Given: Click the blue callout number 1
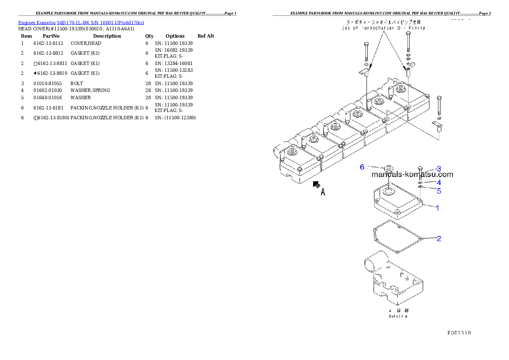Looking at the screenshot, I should pyautogui.click(x=438, y=208).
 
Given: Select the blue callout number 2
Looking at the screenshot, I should pyautogui.click(x=438, y=239).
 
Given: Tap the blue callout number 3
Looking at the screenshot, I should pyautogui.click(x=438, y=169).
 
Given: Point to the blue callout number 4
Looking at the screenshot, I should pyautogui.click(x=438, y=183).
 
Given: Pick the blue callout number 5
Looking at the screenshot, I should pyautogui.click(x=438, y=191).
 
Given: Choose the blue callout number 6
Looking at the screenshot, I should pyautogui.click(x=362, y=167).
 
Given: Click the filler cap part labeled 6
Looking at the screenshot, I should pyautogui.click(x=389, y=168).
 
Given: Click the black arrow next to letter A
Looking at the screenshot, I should pyautogui.click(x=317, y=185).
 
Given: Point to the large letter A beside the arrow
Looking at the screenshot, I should pyautogui.click(x=323, y=192).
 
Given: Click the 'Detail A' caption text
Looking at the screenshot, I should pyautogui.click(x=398, y=316).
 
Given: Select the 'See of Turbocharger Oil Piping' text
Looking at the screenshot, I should pyautogui.click(x=383, y=28).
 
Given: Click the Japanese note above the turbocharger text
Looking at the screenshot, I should pyautogui.click(x=383, y=21).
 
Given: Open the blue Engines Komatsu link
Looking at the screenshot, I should pyautogui.click(x=81, y=22).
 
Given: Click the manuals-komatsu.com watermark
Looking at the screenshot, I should pyautogui.click(x=412, y=174).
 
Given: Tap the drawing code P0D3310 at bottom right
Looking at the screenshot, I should pyautogui.click(x=459, y=332).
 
